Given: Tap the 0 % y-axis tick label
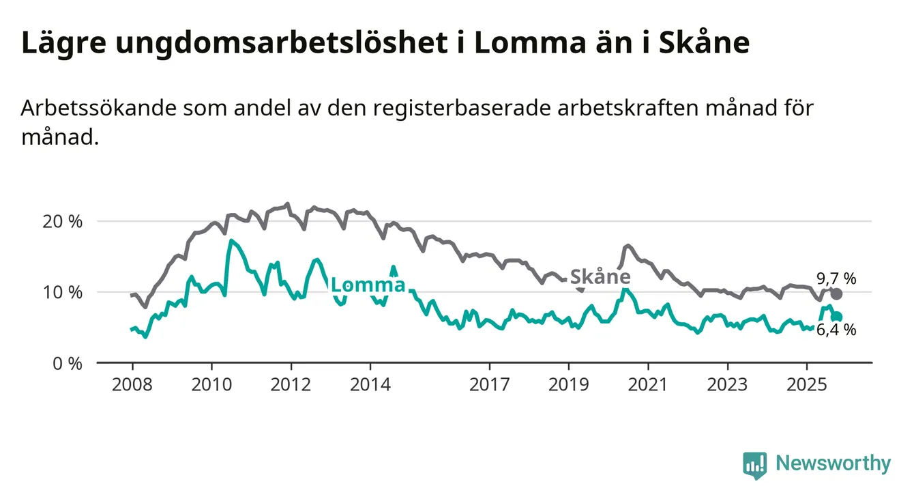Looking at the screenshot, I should point(67,363).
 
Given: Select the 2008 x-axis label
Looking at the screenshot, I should point(132,384).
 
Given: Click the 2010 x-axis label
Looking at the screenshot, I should point(211,384).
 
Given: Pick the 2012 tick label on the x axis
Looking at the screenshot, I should point(291,384).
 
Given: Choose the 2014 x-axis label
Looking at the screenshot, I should point(370,384).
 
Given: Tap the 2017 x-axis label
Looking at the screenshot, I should point(489,384).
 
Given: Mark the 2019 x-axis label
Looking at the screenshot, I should point(568,384).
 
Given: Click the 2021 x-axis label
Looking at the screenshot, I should point(647,384).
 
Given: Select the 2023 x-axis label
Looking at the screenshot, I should point(727,384).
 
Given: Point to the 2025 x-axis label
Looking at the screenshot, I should point(806,384).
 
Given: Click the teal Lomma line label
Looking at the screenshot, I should point(368,285).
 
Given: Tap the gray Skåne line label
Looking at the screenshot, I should point(600,276).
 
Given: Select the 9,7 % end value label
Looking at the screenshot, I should point(836,278).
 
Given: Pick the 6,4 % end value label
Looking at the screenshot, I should point(836,330).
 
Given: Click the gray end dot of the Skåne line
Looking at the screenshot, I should point(836,294).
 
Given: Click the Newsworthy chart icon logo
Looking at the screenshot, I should point(754,465).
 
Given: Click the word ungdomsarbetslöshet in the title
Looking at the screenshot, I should point(286,43).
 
